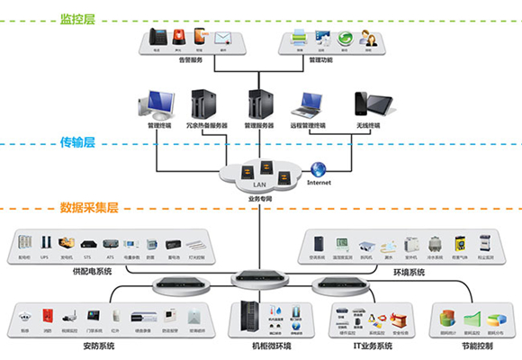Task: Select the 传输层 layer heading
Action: pyautogui.click(x=76, y=141)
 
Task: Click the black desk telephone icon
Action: pyautogui.click(x=157, y=37)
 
